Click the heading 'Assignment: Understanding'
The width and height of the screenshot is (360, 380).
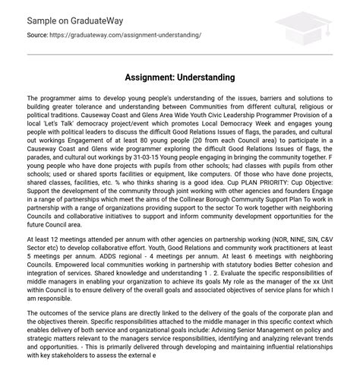(179, 77)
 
